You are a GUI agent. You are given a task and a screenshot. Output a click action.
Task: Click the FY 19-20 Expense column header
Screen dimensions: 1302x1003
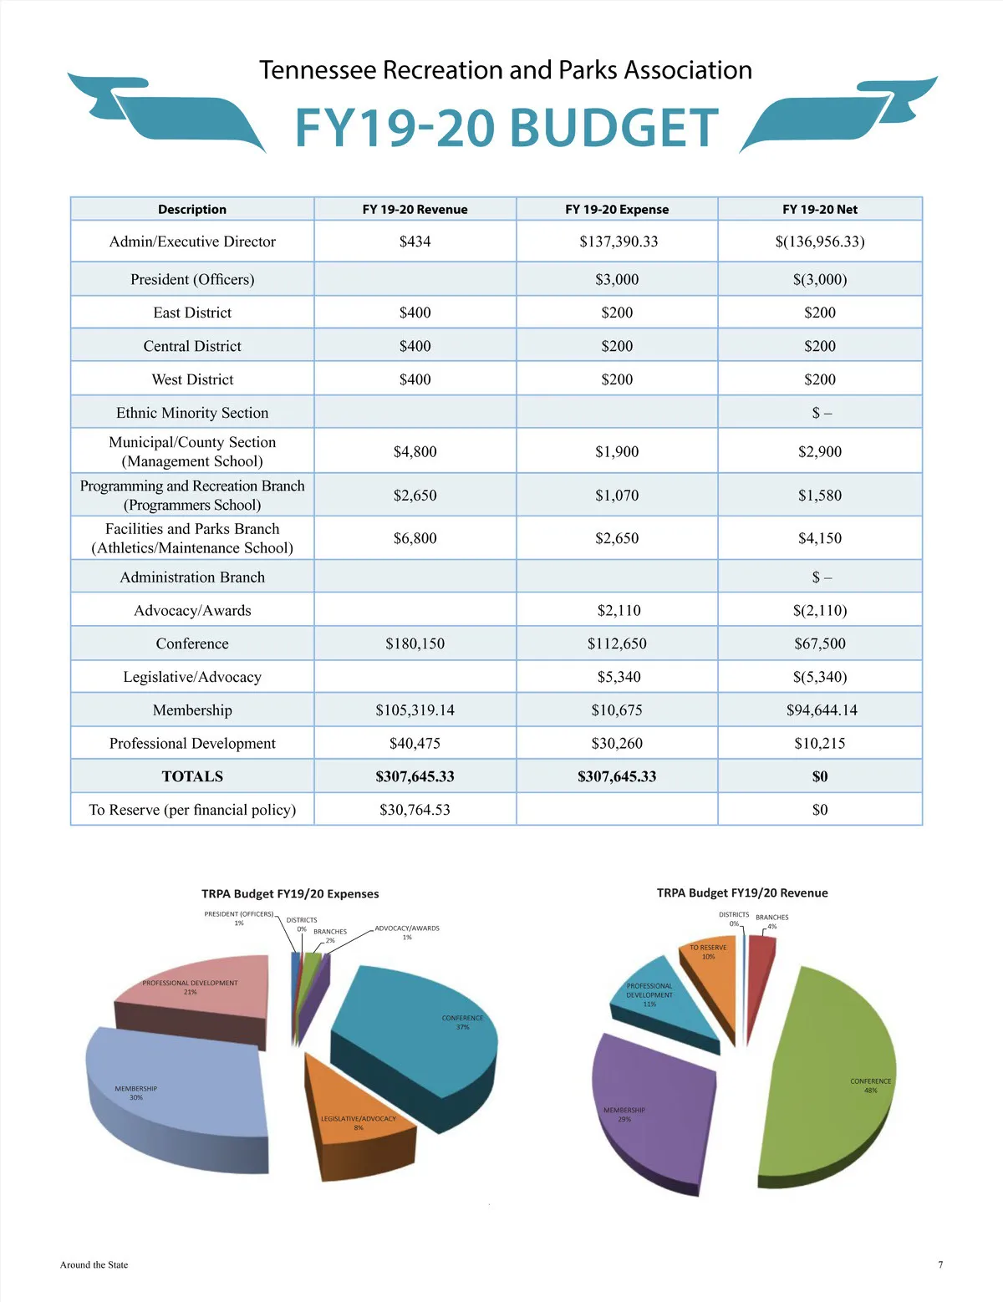(x=617, y=209)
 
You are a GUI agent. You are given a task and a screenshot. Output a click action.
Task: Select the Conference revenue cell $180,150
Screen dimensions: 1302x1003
(x=415, y=643)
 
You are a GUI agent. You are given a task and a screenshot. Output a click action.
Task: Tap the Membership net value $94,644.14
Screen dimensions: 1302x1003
(x=821, y=710)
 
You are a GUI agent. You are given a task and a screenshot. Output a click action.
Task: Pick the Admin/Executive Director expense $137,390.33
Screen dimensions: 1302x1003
(x=618, y=242)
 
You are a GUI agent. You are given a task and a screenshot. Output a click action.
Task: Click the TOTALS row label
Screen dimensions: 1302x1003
(x=192, y=776)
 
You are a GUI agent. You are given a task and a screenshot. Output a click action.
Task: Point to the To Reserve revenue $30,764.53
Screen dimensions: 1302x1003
(x=415, y=810)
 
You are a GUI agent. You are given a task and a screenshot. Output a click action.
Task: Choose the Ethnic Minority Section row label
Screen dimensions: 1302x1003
(x=192, y=413)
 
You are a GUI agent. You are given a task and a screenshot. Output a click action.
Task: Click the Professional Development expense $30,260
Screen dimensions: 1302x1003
(x=617, y=743)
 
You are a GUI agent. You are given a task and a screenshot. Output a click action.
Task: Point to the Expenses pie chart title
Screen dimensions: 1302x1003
(x=290, y=893)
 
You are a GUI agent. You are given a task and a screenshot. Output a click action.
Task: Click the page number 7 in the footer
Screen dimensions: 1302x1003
(x=940, y=1264)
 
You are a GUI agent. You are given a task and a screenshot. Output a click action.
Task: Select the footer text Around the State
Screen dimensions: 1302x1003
(x=94, y=1264)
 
